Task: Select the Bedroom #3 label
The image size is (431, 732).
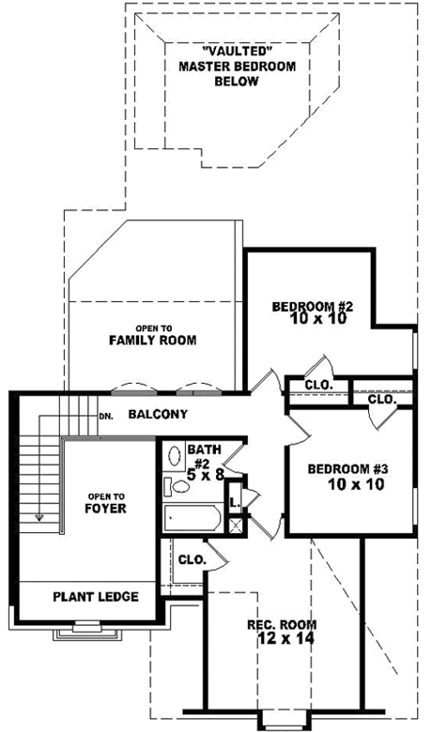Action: tap(348, 469)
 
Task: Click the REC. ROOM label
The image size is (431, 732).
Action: tap(282, 624)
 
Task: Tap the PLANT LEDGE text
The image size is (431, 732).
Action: tap(96, 596)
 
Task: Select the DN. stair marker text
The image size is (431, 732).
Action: tap(106, 416)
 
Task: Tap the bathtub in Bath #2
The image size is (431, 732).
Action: tap(192, 518)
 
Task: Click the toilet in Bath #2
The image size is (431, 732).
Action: tap(174, 486)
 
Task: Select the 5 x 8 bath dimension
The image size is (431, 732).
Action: tap(205, 474)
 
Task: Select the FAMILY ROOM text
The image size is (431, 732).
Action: tap(152, 340)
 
